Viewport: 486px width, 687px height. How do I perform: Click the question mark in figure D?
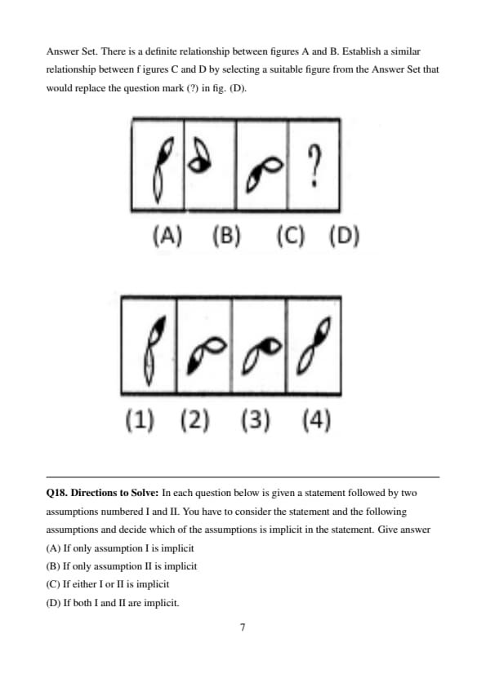[314, 166]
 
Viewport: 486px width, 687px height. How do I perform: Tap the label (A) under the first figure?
[167, 236]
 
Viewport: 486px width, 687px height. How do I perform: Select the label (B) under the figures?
[226, 236]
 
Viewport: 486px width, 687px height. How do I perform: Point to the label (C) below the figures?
[290, 236]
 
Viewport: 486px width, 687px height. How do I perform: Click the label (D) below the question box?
[345, 236]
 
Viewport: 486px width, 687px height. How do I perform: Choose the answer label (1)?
[140, 420]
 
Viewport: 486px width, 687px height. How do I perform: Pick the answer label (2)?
[194, 420]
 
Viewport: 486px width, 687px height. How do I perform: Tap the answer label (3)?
[256, 420]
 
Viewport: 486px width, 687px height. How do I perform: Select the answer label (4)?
[316, 420]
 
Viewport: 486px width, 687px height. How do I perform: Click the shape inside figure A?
[162, 170]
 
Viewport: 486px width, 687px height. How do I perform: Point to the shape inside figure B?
[200, 157]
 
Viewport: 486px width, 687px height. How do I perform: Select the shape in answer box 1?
[154, 351]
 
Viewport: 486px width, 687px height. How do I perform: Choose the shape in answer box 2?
[206, 355]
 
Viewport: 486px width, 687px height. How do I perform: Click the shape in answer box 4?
[313, 346]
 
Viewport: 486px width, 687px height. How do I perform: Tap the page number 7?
[243, 627]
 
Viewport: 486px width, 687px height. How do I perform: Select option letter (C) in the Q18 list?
[53, 584]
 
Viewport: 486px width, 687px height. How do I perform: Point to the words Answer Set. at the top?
[72, 51]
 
